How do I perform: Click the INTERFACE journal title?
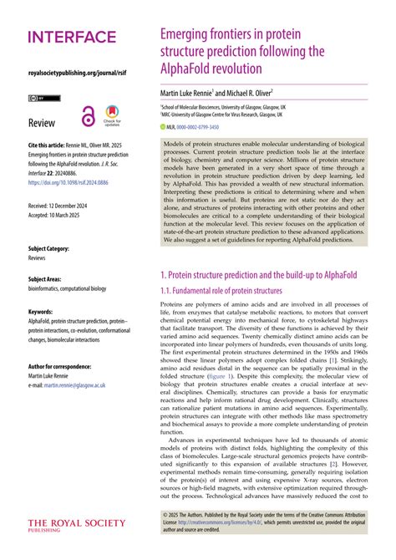click(72, 37)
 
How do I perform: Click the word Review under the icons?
click(42, 124)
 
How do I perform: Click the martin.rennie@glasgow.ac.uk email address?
click(75, 386)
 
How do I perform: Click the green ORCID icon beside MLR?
click(163, 126)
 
